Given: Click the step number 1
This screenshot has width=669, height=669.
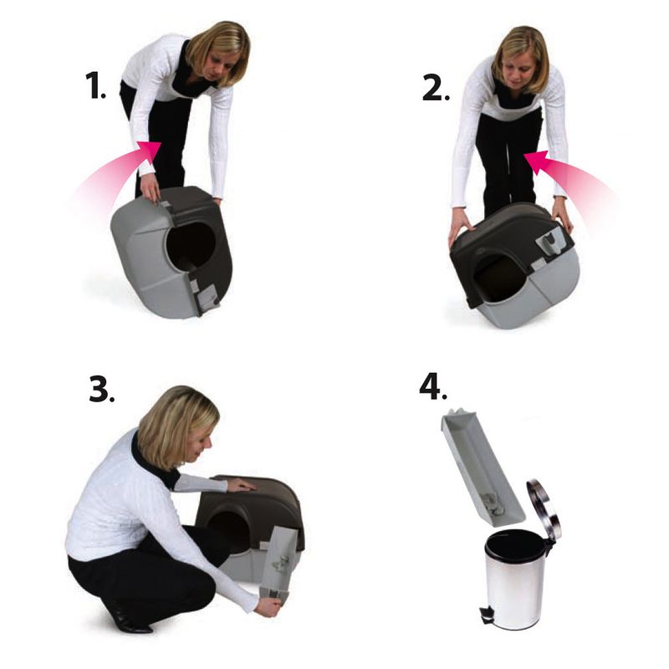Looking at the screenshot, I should tap(94, 85).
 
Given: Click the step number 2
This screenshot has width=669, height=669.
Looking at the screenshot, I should tap(434, 85).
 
